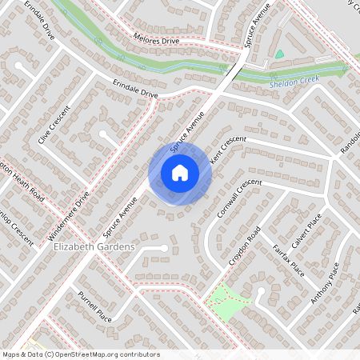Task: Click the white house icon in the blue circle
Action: tap(180, 172)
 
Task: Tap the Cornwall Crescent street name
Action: tap(238, 197)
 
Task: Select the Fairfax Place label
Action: tap(287, 258)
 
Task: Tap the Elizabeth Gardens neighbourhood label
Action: tap(94, 248)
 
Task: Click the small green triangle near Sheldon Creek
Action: tap(279, 54)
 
